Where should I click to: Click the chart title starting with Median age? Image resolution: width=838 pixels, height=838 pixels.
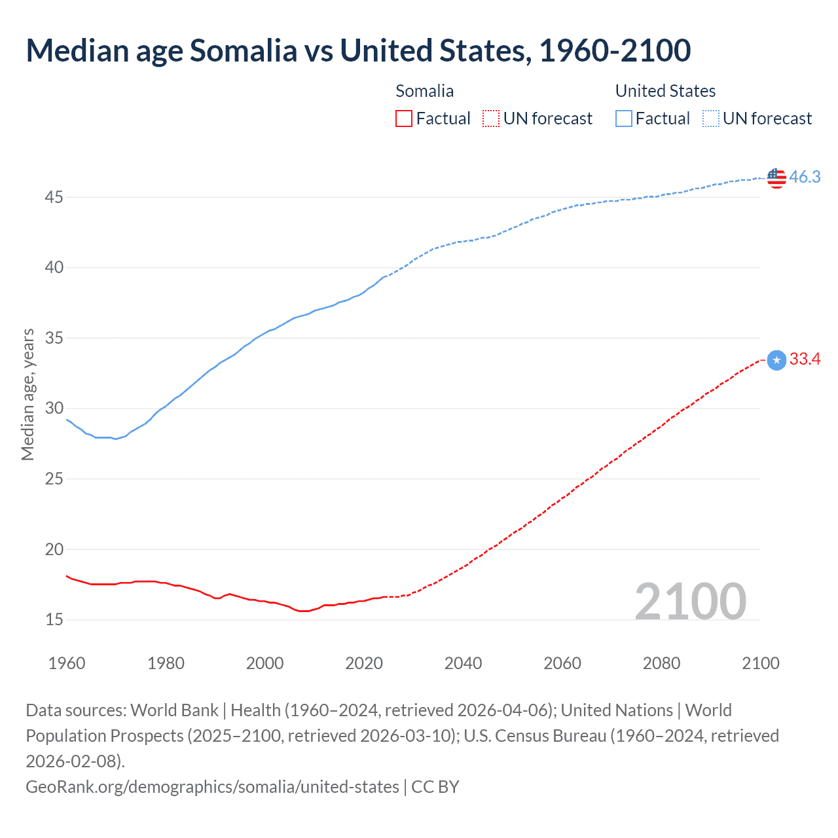tap(358, 50)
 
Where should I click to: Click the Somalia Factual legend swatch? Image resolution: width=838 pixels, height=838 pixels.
tap(404, 118)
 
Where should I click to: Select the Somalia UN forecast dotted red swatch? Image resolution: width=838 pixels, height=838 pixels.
tap(491, 118)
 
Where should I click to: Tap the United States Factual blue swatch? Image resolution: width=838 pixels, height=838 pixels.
tap(624, 118)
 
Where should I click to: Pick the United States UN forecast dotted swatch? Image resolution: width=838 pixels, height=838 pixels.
tap(711, 118)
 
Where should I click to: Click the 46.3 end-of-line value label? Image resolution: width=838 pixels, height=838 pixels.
tap(805, 177)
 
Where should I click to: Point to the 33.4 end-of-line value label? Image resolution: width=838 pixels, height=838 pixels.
tap(805, 359)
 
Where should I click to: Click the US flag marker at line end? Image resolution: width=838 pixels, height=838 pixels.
tap(776, 177)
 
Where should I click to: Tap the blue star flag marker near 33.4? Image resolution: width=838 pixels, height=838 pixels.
tap(776, 360)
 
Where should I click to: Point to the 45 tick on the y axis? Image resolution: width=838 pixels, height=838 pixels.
tap(54, 197)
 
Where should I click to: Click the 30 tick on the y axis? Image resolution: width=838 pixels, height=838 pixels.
tap(54, 409)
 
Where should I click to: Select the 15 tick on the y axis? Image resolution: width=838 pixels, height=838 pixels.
tap(54, 619)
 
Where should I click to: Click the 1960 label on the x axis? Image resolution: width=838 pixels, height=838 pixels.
tap(67, 663)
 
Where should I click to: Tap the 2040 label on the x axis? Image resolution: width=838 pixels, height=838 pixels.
tap(463, 663)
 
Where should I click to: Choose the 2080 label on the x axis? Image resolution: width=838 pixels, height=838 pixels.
tap(661, 663)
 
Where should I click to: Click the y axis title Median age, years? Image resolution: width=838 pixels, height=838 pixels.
tap(27, 395)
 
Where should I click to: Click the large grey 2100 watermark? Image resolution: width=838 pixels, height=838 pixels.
tap(690, 602)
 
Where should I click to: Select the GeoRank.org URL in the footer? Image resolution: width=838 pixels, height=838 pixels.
tap(212, 786)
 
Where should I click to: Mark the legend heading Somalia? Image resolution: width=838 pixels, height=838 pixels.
tap(424, 91)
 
